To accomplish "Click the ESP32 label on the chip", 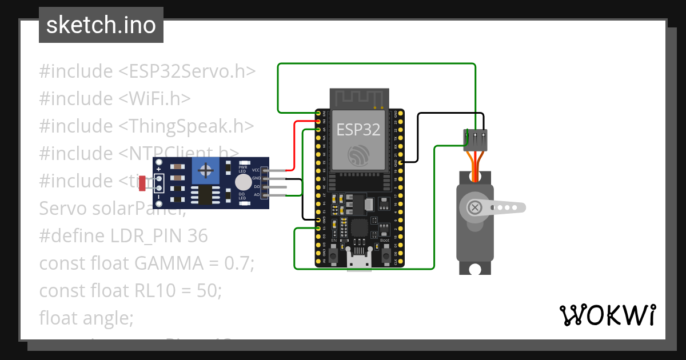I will tap(358, 130).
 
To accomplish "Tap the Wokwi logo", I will tap(607, 315).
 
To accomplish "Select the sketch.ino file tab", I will tap(101, 25).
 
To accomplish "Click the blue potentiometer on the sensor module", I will tap(206, 171).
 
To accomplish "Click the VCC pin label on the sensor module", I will tap(256, 170).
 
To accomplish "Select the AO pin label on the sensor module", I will tap(256, 195).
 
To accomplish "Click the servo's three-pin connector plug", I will tap(475, 139).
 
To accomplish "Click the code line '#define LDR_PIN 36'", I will tap(123, 236).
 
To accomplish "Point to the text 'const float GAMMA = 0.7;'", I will tap(146, 263).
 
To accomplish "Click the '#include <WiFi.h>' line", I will tap(115, 99).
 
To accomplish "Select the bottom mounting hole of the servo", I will tap(474, 268).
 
